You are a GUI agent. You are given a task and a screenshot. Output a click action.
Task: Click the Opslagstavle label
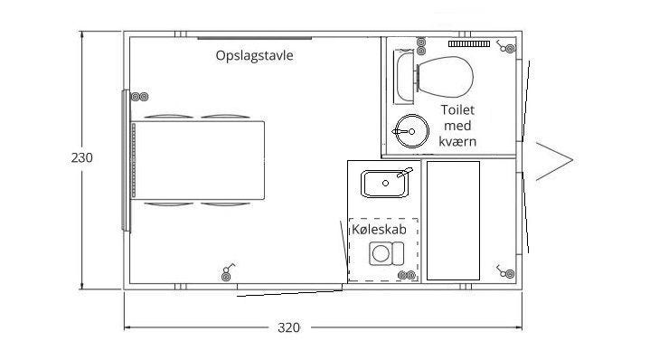coord(254,56)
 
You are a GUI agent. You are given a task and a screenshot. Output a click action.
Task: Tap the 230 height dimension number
coord(81,157)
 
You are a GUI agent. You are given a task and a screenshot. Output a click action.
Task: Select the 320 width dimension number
coord(288,327)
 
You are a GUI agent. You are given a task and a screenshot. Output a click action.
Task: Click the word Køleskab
coord(379,230)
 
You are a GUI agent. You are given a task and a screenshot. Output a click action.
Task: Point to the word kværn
coord(457,142)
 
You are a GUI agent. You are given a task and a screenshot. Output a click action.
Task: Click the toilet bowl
coord(446,77)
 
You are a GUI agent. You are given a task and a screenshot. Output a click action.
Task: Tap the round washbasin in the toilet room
coord(412,131)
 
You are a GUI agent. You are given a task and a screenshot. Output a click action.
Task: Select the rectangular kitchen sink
coord(385,184)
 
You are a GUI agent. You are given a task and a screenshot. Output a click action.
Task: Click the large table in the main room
coord(198,160)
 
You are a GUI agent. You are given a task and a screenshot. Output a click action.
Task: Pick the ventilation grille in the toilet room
coord(469,43)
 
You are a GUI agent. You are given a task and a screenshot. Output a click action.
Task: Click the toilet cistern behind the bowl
coord(405,77)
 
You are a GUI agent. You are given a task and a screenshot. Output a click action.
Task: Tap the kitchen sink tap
coord(405,173)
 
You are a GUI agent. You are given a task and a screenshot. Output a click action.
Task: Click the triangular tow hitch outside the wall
coord(554,161)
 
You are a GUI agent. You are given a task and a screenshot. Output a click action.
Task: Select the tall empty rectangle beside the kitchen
coord(453,221)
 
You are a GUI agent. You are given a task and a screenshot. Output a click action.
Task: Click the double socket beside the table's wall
coord(139,97)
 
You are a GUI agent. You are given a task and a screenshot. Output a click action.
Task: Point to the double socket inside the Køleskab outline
coord(407,276)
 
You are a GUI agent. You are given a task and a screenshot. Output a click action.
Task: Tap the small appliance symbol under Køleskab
coord(387,253)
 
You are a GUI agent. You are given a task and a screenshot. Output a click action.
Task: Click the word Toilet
coord(457,109)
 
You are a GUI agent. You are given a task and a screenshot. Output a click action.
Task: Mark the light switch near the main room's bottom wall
coord(228,271)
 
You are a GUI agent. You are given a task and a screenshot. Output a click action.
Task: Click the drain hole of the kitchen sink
coord(385,184)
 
